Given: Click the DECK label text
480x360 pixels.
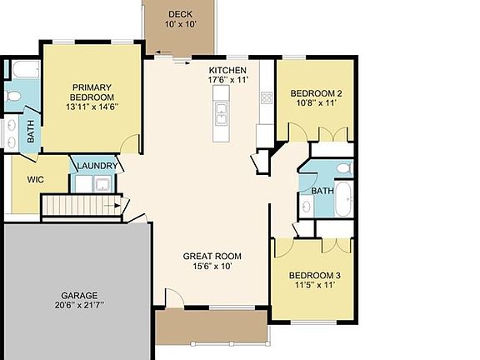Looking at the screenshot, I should (180, 14).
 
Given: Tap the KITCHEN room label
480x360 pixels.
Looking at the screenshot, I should (227, 70).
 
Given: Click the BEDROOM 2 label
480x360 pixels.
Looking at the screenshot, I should (316, 93).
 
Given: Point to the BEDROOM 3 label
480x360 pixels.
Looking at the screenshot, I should (314, 275).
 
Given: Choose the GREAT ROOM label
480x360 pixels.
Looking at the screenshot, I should (212, 256).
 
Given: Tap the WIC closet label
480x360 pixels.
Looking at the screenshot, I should (35, 179).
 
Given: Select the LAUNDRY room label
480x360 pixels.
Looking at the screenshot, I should (97, 166).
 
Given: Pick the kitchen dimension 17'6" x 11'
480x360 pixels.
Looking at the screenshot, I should (227, 80).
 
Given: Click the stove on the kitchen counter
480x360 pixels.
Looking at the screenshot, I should (267, 97).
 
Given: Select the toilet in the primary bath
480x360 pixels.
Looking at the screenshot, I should (13, 97).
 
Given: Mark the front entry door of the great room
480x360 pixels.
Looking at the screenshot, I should (172, 298).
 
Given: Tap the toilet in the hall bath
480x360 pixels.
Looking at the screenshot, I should (343, 169).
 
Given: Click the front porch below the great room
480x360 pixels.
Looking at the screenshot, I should (211, 327).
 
